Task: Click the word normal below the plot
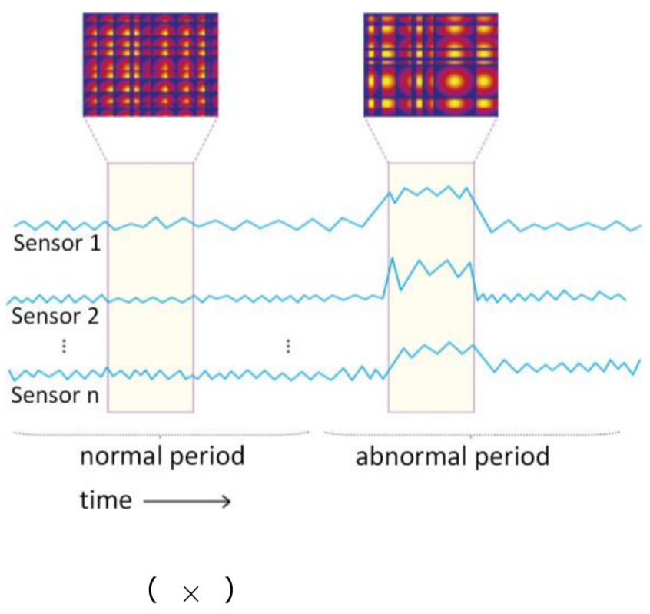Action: click(120, 456)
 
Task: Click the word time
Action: click(106, 501)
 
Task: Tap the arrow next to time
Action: click(187, 502)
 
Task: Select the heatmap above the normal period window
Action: click(150, 64)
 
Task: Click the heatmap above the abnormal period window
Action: click(431, 64)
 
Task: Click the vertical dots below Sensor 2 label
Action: click(64, 347)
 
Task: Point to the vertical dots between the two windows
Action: click(287, 346)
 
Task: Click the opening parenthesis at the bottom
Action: click(152, 591)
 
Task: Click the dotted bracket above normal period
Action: click(161, 433)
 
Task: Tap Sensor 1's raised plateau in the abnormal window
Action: click(431, 192)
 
